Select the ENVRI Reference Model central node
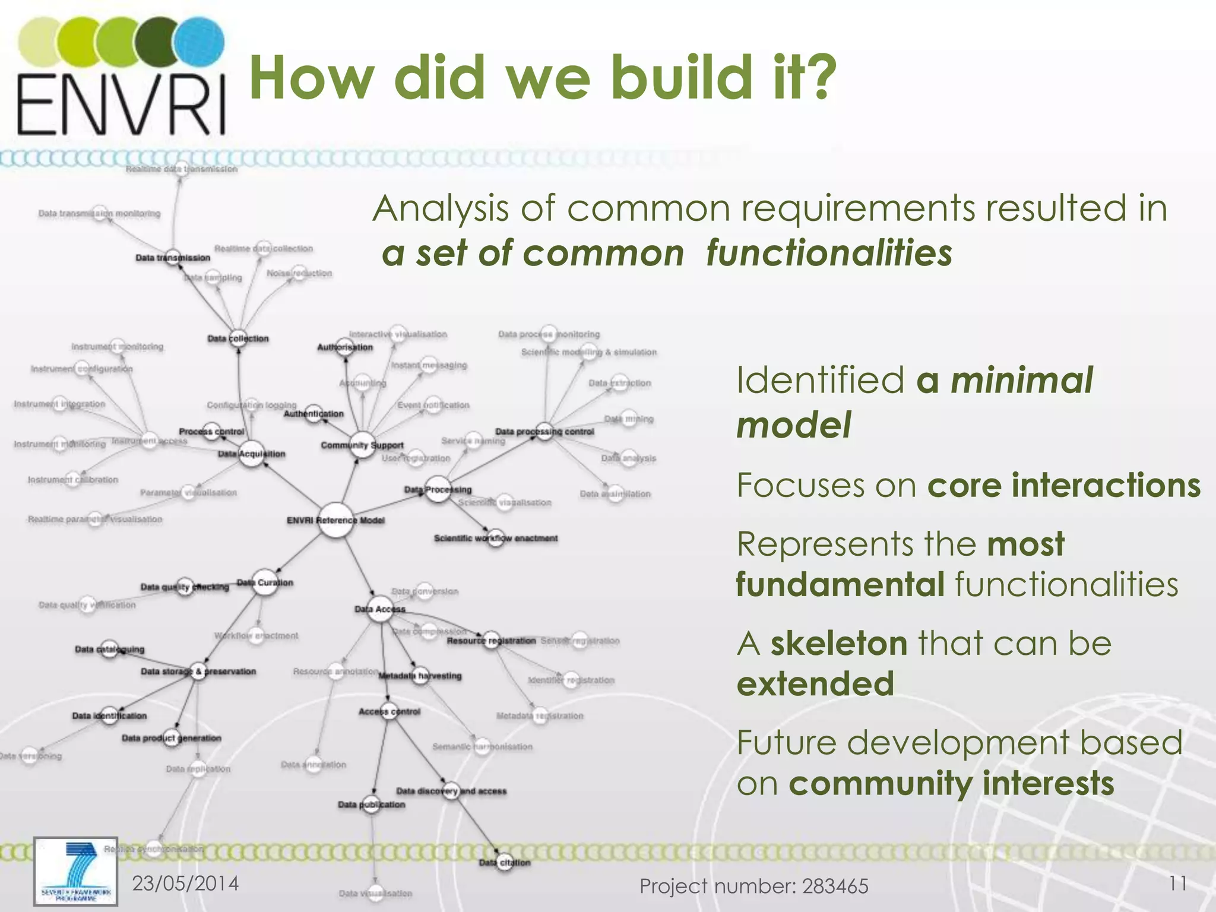335,521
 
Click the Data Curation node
264,582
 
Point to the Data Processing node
438,490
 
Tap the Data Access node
380,609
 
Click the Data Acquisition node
252,454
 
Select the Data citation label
504,863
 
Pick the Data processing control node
545,432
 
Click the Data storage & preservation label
198,672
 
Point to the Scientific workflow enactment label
496,539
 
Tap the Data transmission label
173,258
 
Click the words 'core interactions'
1063,485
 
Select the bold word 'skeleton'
838,643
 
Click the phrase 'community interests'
951,783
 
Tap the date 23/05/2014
185,883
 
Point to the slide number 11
1178,883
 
